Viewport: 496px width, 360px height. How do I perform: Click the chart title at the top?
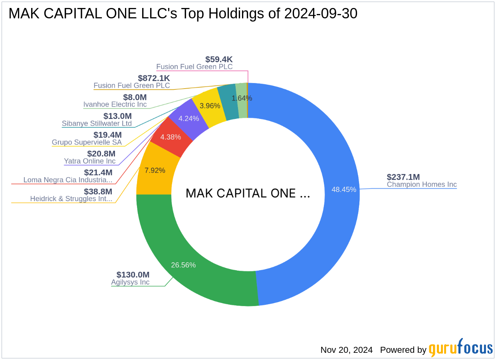coord(183,14)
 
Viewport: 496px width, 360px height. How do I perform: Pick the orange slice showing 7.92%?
coord(155,170)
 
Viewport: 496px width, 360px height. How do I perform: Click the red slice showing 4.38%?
coord(171,137)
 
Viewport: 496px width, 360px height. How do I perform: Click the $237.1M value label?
coord(403,177)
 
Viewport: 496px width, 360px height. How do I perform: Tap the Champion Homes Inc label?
coord(422,185)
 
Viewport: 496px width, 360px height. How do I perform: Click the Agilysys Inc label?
coord(130,282)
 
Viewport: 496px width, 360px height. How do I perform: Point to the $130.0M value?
coord(133,275)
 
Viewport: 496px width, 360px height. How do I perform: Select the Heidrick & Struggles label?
coord(71,199)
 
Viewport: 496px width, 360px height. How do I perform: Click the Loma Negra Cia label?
coord(68,180)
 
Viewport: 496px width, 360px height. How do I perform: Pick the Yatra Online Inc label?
coord(89,161)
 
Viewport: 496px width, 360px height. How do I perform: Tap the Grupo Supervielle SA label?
coord(87,142)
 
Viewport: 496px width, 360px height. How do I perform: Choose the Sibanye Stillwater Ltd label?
coord(97,124)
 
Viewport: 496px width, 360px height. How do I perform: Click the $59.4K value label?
coord(219,59)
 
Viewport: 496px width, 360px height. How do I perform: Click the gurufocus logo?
coord(460,348)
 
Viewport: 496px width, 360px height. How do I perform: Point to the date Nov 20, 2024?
coord(346,350)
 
